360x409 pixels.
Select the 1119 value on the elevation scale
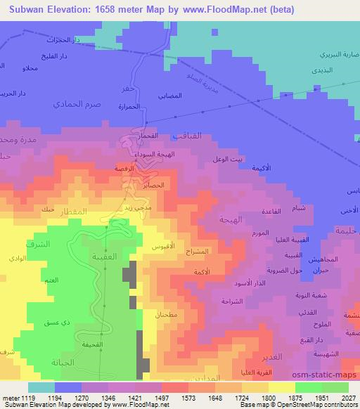29,398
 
